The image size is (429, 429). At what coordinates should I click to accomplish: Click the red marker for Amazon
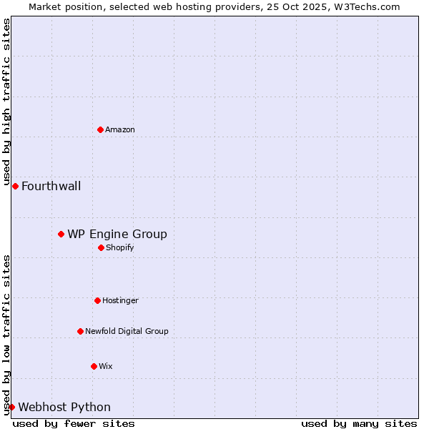coord(100,129)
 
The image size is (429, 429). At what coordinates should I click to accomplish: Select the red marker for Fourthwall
coord(15,186)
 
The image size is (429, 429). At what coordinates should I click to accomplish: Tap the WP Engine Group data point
coord(61,234)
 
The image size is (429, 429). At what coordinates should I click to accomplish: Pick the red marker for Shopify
coord(101,247)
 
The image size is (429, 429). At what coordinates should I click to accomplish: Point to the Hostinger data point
coord(97,300)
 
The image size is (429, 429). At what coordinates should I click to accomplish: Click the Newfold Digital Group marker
coord(80,331)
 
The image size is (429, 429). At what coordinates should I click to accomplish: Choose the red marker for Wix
coord(94,366)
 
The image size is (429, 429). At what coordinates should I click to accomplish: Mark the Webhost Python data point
coord(11,407)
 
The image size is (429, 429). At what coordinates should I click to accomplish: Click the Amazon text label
coord(120,129)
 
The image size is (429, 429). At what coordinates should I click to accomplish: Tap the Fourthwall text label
coord(51,187)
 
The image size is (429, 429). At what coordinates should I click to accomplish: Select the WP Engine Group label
coord(117,235)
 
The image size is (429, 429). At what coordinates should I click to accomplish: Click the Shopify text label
coord(119,248)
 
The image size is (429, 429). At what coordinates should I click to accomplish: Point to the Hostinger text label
coord(120,301)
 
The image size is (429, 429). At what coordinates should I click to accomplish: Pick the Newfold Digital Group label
coord(127,332)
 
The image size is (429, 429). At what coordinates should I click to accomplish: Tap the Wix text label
coord(106,367)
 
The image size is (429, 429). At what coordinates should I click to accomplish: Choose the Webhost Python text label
coord(64,408)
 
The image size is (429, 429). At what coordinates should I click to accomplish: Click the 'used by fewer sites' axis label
coord(74,423)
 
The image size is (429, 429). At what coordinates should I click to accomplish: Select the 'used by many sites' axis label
coord(359,423)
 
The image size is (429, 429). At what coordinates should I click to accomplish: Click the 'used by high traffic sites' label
coord(6,102)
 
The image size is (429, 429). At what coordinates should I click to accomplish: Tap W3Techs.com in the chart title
coord(365,6)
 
